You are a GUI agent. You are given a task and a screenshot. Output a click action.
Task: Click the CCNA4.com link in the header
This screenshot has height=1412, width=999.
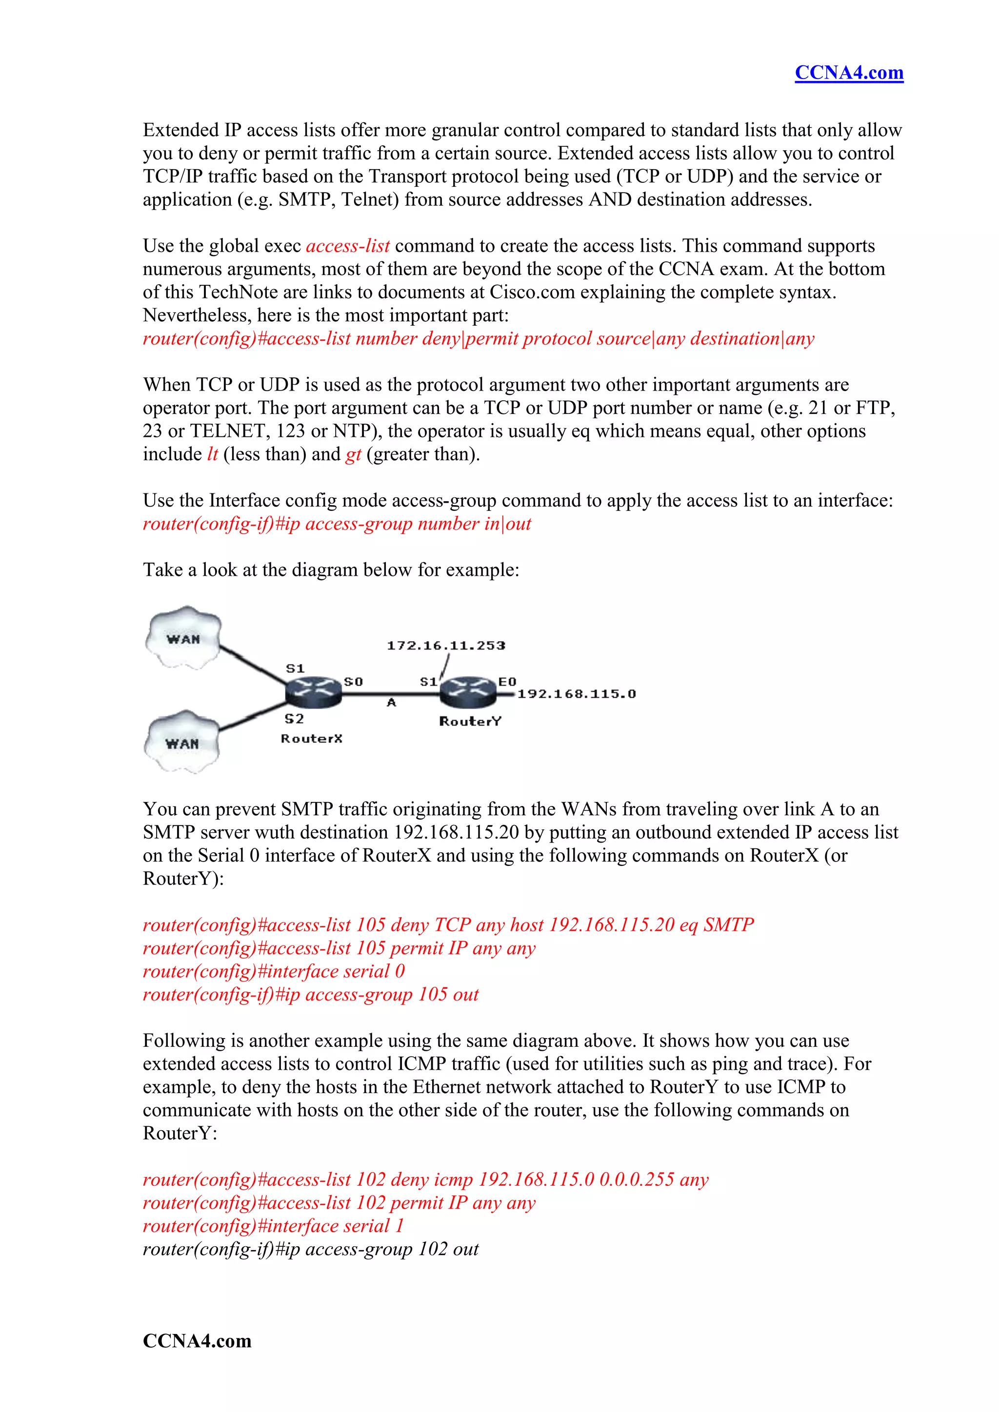(x=848, y=73)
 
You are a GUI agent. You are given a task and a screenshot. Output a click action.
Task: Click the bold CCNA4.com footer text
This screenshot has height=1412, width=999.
(x=197, y=1340)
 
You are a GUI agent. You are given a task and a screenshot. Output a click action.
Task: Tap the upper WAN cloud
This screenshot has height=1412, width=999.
(x=183, y=638)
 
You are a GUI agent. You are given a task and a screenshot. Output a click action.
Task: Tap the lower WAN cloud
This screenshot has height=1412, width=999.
(x=182, y=743)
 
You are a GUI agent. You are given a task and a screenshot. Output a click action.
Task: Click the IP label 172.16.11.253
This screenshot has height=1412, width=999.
(x=445, y=645)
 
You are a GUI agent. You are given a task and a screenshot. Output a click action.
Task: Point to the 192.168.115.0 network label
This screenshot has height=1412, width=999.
(x=577, y=694)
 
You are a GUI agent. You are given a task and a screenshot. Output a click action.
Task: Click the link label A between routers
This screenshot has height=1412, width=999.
(x=391, y=702)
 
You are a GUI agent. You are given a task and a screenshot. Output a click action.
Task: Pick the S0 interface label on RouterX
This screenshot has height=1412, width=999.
(x=353, y=682)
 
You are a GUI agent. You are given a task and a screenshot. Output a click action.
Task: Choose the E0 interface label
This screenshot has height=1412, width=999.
(x=507, y=682)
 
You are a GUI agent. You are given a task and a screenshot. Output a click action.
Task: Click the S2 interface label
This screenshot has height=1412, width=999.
(x=294, y=718)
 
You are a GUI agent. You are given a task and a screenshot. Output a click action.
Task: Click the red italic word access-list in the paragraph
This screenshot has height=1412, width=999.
(x=348, y=246)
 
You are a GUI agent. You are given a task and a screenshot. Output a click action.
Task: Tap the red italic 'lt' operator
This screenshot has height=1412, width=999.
(x=212, y=454)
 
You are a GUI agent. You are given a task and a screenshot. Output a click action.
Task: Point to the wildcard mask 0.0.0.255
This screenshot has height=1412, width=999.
(x=637, y=1179)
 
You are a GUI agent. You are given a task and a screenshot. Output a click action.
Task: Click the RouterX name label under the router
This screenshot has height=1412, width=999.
(x=311, y=738)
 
